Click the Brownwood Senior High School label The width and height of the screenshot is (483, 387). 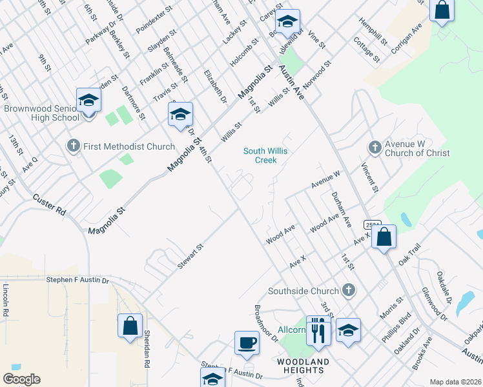click(41, 114)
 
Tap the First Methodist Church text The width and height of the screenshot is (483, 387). click(128, 146)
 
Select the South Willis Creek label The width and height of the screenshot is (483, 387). click(265, 155)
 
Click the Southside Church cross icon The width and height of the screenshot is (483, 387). click(349, 290)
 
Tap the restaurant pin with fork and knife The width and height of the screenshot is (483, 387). click(318, 330)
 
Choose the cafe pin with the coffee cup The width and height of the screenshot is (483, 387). click(247, 342)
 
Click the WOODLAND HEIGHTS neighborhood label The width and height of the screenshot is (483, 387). click(303, 366)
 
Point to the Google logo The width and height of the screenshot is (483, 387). click(21, 379)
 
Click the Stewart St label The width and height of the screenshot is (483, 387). click(191, 256)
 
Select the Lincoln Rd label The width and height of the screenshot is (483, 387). click(5, 299)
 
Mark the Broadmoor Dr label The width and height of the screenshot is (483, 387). click(265, 323)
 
